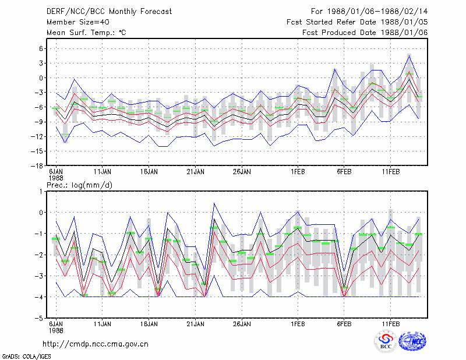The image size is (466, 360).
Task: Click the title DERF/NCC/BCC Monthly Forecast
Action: (x=109, y=12)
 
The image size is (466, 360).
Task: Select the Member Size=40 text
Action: (x=78, y=22)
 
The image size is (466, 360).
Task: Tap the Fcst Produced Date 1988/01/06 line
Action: (x=365, y=33)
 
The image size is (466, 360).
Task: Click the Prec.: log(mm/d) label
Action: (x=79, y=185)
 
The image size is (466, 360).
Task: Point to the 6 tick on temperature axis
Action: (x=41, y=48)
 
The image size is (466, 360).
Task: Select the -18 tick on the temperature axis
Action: (x=37, y=166)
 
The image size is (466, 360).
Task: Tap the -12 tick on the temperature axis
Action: (x=37, y=136)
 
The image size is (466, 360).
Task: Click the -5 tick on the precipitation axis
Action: (x=38, y=319)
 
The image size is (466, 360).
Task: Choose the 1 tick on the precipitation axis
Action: (x=41, y=192)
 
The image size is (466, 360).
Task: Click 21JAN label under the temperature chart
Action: (x=196, y=172)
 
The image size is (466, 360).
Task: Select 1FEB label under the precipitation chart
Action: (x=298, y=324)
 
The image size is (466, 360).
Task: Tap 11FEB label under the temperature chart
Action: (x=391, y=172)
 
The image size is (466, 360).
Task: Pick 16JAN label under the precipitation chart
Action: (x=149, y=324)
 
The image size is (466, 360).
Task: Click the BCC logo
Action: (x=386, y=342)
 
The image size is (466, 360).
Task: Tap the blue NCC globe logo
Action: (x=412, y=341)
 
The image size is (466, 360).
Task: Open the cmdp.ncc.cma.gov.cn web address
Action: (x=96, y=344)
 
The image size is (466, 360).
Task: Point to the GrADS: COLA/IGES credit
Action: (x=26, y=357)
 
